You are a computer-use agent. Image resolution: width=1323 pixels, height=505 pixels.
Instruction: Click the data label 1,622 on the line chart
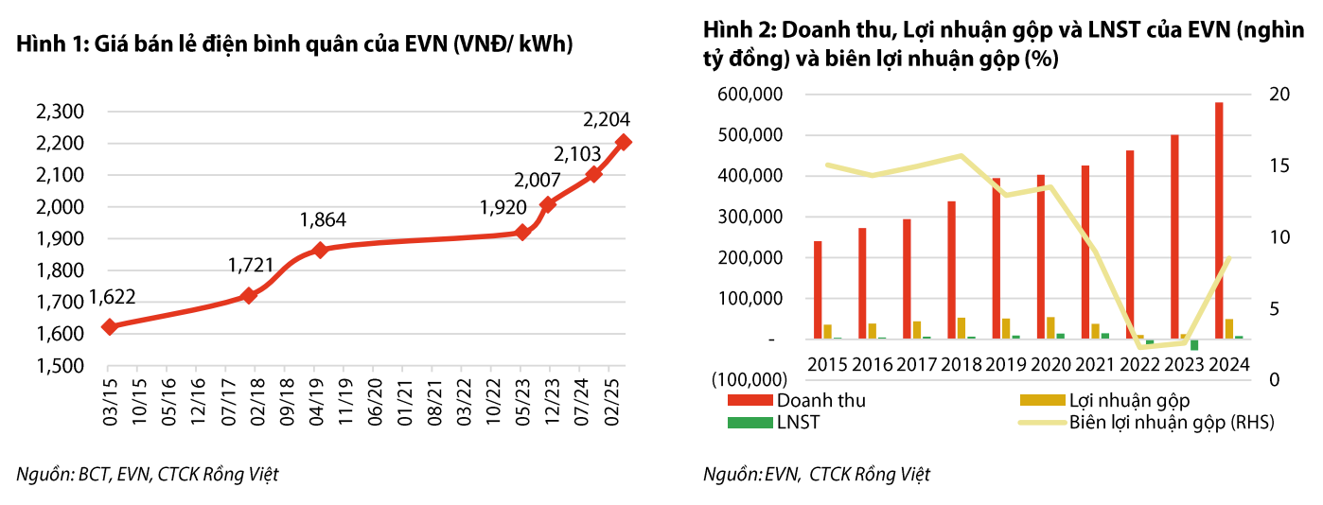113,297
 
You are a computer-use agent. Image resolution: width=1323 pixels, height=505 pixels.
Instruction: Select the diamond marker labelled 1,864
320,251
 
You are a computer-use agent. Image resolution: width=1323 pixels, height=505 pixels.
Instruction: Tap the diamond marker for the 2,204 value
624,142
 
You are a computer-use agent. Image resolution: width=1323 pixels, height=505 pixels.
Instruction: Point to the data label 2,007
538,181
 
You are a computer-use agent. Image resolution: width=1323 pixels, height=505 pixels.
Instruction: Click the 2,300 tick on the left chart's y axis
60,112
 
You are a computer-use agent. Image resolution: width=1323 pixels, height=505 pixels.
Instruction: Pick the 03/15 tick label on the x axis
109,402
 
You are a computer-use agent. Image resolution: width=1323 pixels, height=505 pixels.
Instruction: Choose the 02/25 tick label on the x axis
612,402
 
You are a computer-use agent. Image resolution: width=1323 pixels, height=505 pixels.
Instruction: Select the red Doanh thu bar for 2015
818,289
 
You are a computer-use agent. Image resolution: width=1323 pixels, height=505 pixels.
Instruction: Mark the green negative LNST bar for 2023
1194,345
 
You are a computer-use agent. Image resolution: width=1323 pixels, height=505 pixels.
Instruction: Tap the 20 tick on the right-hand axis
1279,95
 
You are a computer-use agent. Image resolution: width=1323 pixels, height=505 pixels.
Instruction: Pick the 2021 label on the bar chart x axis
1071,364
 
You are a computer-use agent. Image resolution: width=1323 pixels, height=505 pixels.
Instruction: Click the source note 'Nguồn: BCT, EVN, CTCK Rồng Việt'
148,475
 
